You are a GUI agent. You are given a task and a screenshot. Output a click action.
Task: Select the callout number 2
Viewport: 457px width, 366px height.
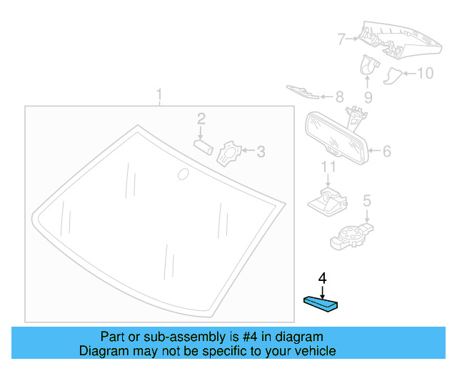[x=201, y=119]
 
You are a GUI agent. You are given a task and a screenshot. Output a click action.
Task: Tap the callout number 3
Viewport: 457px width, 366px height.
[x=261, y=152]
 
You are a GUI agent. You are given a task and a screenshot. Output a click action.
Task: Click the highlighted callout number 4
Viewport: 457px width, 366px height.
[x=322, y=277]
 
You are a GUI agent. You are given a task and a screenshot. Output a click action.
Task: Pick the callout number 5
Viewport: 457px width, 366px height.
[x=366, y=202]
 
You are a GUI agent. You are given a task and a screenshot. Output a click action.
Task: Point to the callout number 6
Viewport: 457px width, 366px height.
[x=386, y=152]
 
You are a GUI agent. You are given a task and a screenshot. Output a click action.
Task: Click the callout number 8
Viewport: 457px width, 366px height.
[x=338, y=97]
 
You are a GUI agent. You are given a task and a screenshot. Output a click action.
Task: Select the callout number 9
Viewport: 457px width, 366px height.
[x=368, y=97]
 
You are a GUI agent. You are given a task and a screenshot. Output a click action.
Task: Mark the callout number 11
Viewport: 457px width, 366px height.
[x=327, y=167]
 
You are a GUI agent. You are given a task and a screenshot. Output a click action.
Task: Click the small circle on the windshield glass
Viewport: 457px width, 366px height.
[x=183, y=174]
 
